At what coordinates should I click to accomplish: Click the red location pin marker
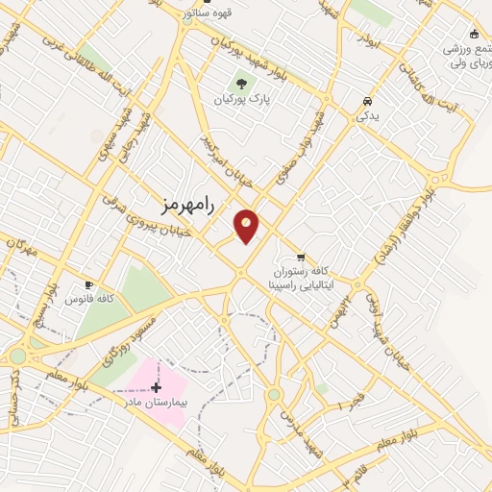click(247, 226)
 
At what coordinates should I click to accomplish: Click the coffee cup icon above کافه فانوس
click(89, 284)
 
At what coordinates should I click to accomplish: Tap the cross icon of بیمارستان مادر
click(157, 387)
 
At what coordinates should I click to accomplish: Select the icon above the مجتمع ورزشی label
click(473, 31)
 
